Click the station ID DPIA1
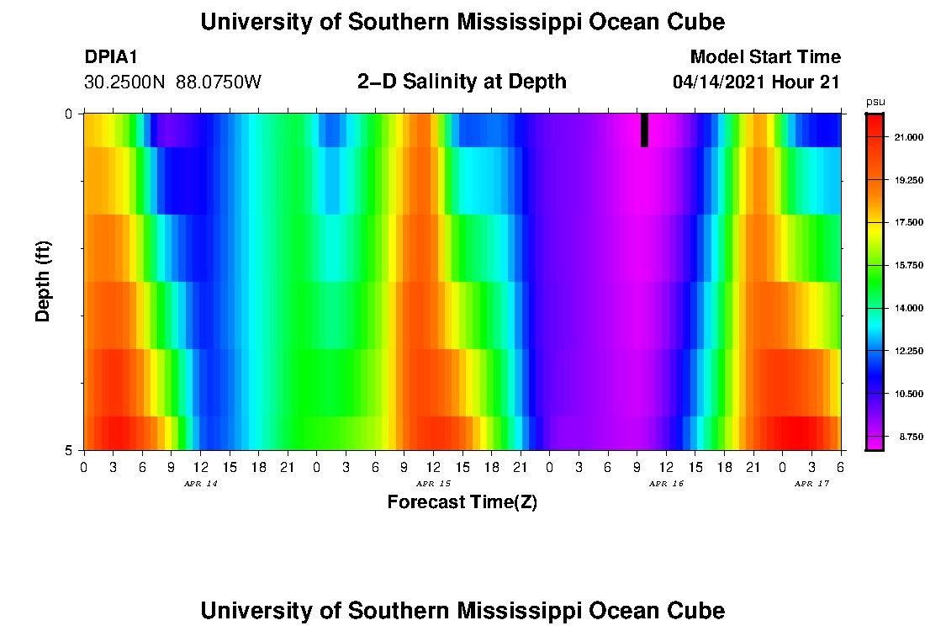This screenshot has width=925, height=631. tap(111, 57)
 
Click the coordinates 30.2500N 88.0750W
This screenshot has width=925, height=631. tap(172, 82)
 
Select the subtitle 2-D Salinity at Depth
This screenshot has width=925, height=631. tap(462, 82)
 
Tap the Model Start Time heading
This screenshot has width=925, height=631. tap(764, 57)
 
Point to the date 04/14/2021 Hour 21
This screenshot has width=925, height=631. tap(756, 82)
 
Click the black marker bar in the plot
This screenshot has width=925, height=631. tap(644, 130)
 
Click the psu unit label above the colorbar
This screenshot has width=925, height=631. tap(875, 102)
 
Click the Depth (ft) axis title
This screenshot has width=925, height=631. tap(44, 282)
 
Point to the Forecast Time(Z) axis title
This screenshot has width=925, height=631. tap(462, 503)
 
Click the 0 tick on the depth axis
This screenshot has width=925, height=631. tap(69, 114)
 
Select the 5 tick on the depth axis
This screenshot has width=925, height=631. tap(69, 449)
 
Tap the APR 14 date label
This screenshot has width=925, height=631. tap(200, 484)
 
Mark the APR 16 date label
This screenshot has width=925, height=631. tap(666, 484)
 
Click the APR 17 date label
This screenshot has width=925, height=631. tap(811, 484)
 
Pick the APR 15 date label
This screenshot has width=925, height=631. tap(433, 484)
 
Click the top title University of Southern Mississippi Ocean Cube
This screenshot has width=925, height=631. tap(462, 22)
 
